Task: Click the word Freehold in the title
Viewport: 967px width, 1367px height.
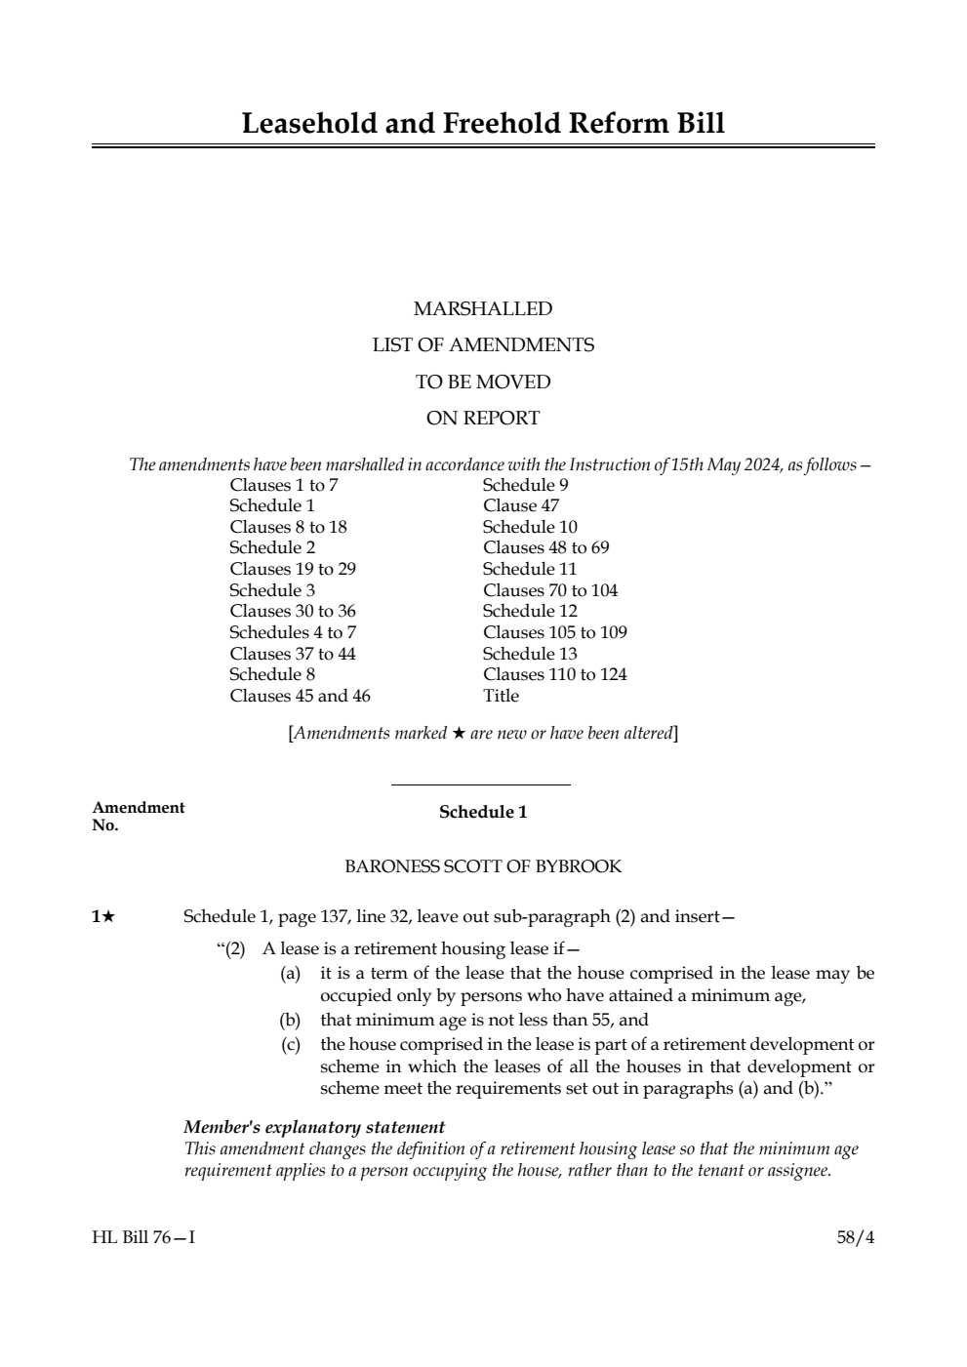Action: coord(501,124)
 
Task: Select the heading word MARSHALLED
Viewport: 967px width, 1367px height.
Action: coord(483,309)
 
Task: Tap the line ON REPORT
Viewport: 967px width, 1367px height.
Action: coord(483,419)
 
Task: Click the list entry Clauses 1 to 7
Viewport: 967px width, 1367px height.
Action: coord(284,485)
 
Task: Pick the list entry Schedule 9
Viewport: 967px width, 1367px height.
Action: coord(525,485)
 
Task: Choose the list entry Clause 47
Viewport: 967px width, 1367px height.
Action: coord(521,505)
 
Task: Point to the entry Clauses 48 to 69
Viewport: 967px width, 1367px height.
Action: coord(545,547)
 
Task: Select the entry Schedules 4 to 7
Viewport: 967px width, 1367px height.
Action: coord(293,632)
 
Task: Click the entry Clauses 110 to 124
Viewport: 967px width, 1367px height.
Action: coord(554,674)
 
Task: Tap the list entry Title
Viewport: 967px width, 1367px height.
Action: coord(501,696)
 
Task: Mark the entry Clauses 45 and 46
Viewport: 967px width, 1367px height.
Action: coord(300,696)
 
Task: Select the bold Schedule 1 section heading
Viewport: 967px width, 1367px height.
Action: coord(483,812)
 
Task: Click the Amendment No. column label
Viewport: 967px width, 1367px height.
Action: coord(138,816)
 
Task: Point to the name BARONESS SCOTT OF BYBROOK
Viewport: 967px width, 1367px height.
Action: coord(483,866)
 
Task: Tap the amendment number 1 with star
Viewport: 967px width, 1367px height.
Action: coord(103,916)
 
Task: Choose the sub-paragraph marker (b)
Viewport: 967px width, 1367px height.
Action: coord(290,1021)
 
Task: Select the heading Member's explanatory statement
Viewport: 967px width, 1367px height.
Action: coord(314,1127)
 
